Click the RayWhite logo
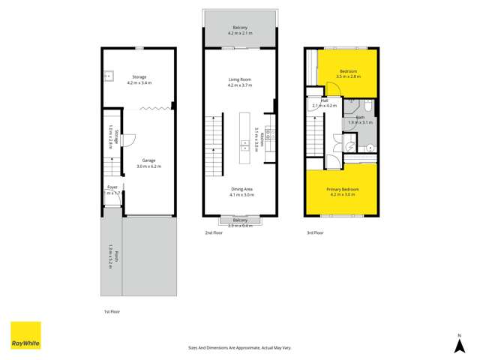point(25,335)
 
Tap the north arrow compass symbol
point(460,345)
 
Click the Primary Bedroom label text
point(342,189)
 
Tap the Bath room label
point(360,118)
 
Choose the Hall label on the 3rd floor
point(324,100)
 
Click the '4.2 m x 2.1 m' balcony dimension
point(241,34)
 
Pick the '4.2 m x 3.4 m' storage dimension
point(139,82)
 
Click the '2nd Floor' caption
point(214,233)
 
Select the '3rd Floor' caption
point(315,233)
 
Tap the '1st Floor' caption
point(112,310)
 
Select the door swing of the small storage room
point(128,139)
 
